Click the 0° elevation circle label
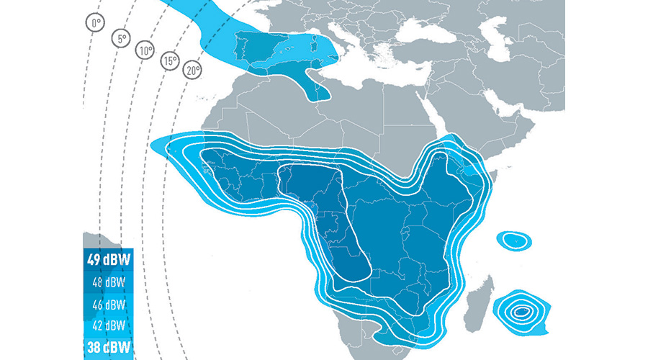(x=95, y=24)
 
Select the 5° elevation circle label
(x=121, y=39)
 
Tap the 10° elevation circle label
(x=146, y=50)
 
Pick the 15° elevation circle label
(x=170, y=61)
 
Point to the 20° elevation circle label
(x=193, y=71)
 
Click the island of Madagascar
(x=481, y=302)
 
